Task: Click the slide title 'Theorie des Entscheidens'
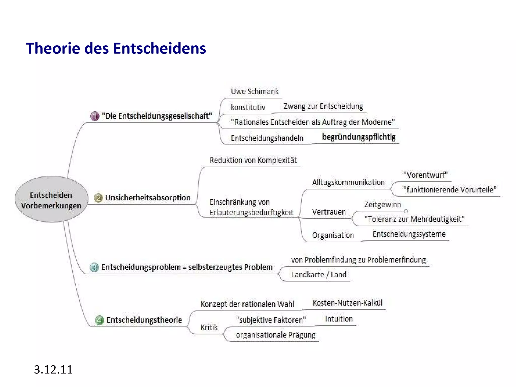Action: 116,48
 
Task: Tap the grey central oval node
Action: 51,199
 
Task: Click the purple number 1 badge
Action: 95,116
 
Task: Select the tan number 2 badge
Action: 98,198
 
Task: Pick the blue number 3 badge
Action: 94,267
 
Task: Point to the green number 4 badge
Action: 99,320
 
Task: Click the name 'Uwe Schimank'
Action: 254,91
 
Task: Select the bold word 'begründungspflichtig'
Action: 359,137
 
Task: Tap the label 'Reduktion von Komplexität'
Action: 253,160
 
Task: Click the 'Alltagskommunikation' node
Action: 348,182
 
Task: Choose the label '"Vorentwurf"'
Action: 425,175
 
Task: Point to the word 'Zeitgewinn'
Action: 382,204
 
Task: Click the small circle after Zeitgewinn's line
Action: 406,211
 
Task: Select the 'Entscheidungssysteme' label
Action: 409,234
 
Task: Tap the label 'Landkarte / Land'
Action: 319,274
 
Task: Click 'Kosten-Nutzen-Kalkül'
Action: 347,303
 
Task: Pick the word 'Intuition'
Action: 339,319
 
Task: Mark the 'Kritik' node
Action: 209,327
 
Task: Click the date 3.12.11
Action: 53,370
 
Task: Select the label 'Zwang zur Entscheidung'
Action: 323,106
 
